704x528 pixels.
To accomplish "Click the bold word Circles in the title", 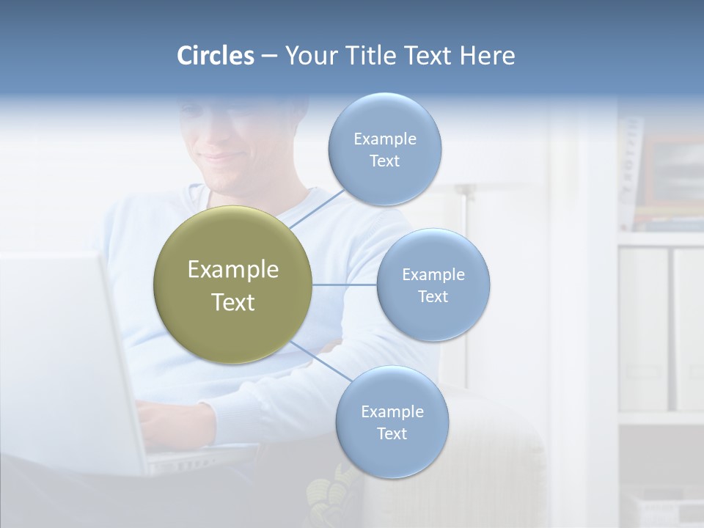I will (215, 56).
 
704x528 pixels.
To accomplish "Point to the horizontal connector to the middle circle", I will (345, 285).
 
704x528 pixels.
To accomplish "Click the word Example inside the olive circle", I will (233, 270).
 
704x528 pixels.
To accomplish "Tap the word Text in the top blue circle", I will (384, 161).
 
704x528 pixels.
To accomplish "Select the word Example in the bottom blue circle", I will (392, 411).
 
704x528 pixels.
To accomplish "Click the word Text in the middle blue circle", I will (433, 297).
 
